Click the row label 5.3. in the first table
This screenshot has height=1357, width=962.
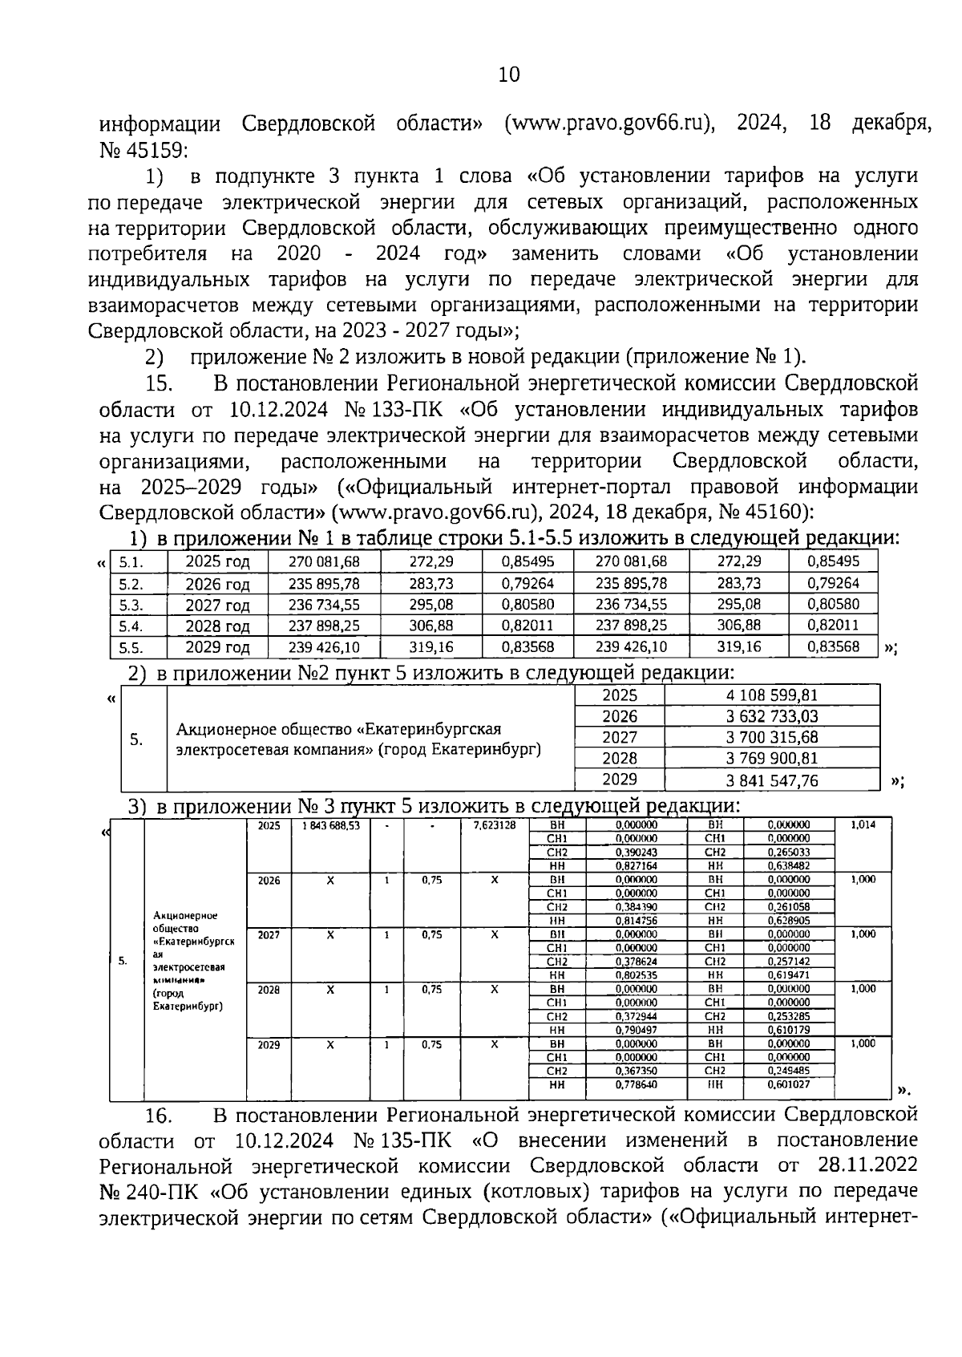[131, 606]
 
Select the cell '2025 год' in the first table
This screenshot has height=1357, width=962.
[217, 562]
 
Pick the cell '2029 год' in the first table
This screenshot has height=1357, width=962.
[217, 647]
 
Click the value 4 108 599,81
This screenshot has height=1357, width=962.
[772, 695]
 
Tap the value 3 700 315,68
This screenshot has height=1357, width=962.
[772, 737]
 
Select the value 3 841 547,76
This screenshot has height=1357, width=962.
[772, 780]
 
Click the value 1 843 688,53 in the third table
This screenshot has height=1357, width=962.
[330, 825]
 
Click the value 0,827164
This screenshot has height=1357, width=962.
[637, 866]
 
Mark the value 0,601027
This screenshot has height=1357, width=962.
[789, 1085]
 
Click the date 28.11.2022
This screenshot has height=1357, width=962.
[868, 1165]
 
